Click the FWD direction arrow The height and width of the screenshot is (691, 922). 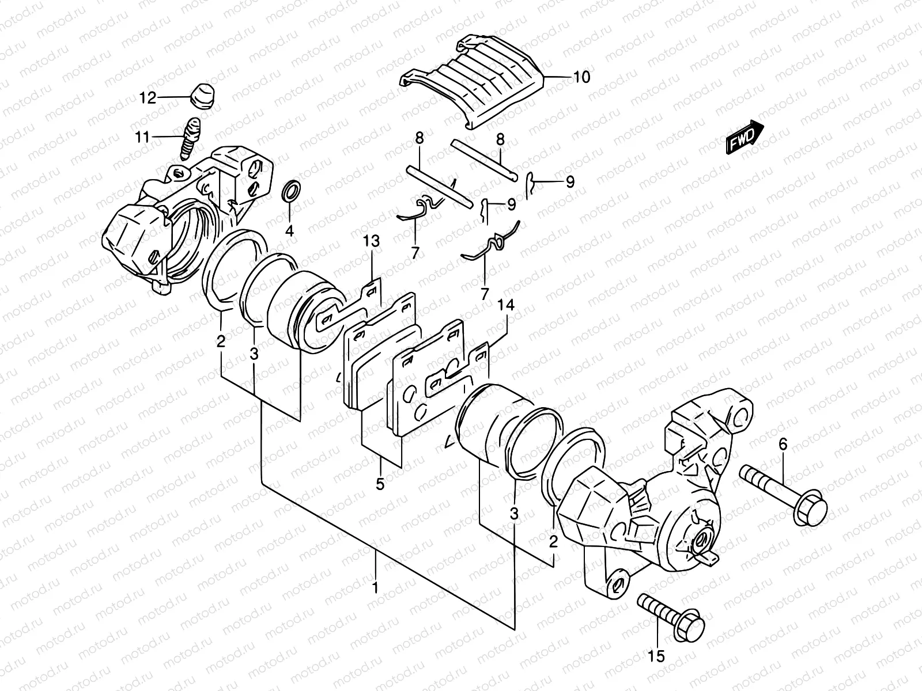coord(746,136)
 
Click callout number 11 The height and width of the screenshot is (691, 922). coord(142,137)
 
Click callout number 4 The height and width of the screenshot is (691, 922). coord(289,231)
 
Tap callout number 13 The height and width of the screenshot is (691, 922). coord(371,242)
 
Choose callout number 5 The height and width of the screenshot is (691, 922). coord(380,484)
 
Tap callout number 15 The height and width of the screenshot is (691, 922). coord(656,655)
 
